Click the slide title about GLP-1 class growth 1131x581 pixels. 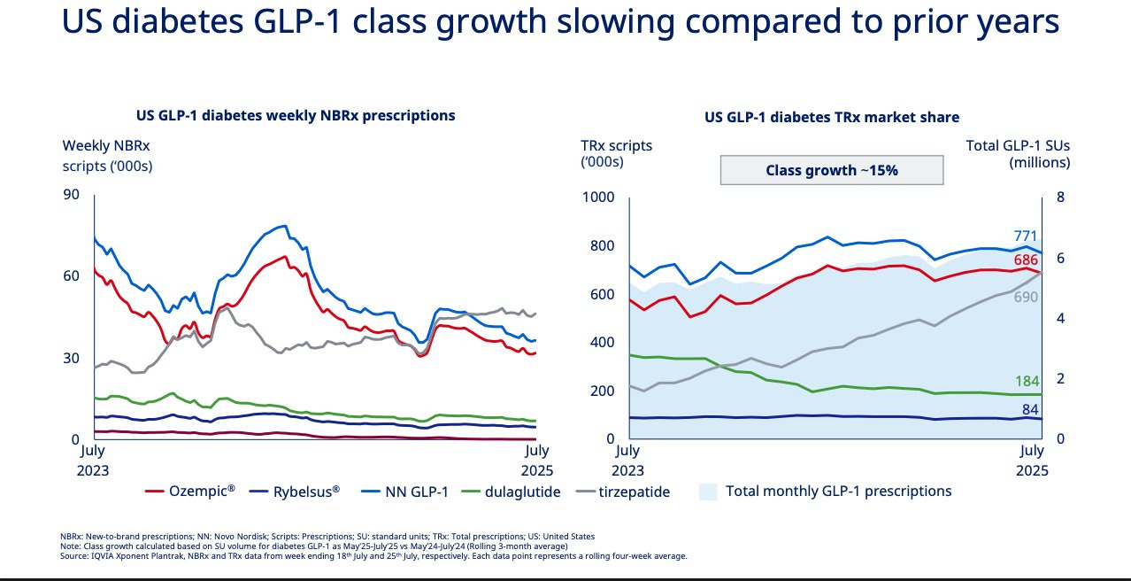[x=560, y=24]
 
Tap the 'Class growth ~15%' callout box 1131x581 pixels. [x=832, y=170]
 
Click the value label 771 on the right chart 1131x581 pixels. [x=1026, y=236]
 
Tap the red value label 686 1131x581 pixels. [x=1026, y=260]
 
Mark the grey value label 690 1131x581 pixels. [x=1026, y=298]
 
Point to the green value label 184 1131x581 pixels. [x=1027, y=382]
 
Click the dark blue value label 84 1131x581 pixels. [x=1029, y=408]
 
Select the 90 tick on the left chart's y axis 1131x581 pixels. [x=72, y=196]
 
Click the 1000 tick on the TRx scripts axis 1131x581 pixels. [x=598, y=198]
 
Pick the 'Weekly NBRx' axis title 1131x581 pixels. [x=106, y=146]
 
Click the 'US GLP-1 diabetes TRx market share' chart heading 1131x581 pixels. [x=832, y=117]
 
